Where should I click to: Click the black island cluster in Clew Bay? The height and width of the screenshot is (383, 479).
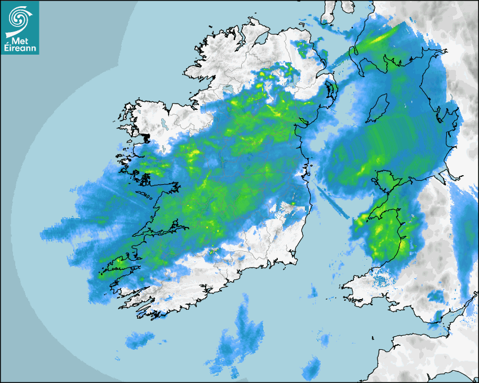point(145,137)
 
